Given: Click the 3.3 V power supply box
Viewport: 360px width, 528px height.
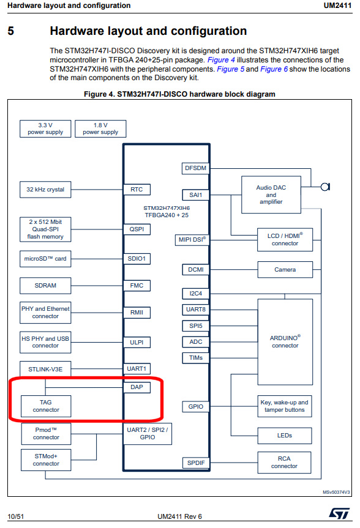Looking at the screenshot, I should point(45,128).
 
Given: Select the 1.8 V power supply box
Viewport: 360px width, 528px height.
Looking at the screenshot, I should point(100,128).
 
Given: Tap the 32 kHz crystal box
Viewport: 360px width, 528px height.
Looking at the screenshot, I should point(45,190).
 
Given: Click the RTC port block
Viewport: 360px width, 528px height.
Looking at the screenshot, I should point(137,190).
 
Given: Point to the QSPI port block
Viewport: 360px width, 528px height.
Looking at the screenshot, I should point(137,229).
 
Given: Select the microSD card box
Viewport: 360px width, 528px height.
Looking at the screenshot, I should point(45,259).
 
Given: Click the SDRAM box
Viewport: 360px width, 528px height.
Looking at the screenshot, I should point(45,286).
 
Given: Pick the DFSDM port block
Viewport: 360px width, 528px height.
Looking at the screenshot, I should point(195,168).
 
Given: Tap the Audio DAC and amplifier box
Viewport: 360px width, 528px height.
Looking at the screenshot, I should point(271,195).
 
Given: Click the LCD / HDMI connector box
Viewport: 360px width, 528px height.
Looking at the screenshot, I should point(285,239).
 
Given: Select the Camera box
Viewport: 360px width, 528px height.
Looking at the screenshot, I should point(285,270).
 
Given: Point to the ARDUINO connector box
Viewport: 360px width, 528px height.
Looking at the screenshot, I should point(285,341).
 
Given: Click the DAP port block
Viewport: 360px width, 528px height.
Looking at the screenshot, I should point(137,387).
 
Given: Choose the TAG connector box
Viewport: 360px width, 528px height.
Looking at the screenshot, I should point(45,406).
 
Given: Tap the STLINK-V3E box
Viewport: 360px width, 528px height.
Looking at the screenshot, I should point(45,370).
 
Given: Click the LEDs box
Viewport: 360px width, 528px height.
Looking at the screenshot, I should point(285,436).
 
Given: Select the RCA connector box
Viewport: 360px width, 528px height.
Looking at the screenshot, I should point(285,462).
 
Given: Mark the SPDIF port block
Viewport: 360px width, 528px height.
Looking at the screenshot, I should point(195,463).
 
